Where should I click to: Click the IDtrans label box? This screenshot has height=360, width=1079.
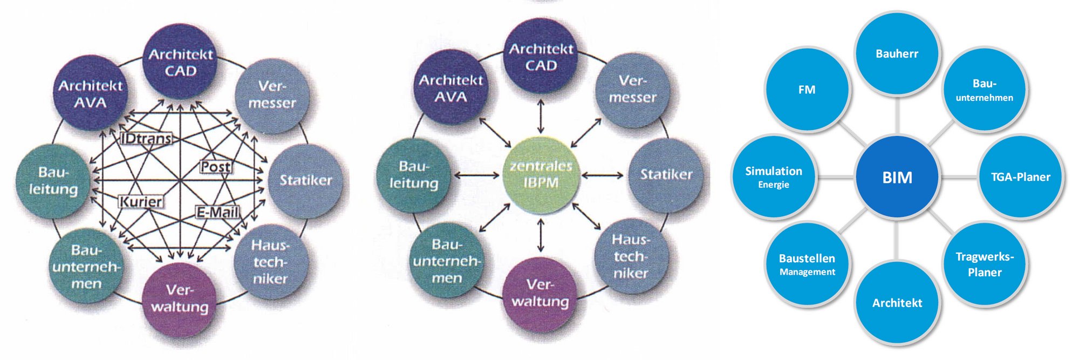tap(146, 139)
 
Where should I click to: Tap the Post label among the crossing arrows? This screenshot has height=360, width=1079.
tap(216, 167)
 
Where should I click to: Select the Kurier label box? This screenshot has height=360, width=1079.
tap(140, 202)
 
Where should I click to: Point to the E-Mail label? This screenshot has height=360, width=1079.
tap(217, 213)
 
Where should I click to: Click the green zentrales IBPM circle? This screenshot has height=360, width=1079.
tap(541, 175)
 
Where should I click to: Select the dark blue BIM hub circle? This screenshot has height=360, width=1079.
tap(897, 177)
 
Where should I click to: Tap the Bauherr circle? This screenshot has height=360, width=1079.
tap(897, 54)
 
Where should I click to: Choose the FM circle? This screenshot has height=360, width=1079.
tap(807, 90)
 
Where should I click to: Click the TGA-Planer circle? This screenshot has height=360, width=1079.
tap(1020, 177)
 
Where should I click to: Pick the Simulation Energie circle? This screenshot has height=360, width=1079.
tap(774, 177)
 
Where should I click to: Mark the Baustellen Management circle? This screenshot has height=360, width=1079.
tap(807, 264)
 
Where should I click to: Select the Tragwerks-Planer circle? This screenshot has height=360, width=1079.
tap(985, 264)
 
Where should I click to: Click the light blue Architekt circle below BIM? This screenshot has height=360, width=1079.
tap(897, 303)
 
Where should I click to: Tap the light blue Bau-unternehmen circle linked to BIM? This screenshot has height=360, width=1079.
tap(985, 90)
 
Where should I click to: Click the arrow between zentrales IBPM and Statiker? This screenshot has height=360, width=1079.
tap(602, 175)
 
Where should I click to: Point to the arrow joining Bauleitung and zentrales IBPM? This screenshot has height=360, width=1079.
tap(477, 175)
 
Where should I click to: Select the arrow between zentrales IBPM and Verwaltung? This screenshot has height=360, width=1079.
tap(541, 235)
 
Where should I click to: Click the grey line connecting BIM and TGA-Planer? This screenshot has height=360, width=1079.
tap(959, 177)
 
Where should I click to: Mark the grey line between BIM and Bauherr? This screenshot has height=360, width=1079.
tap(897, 116)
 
